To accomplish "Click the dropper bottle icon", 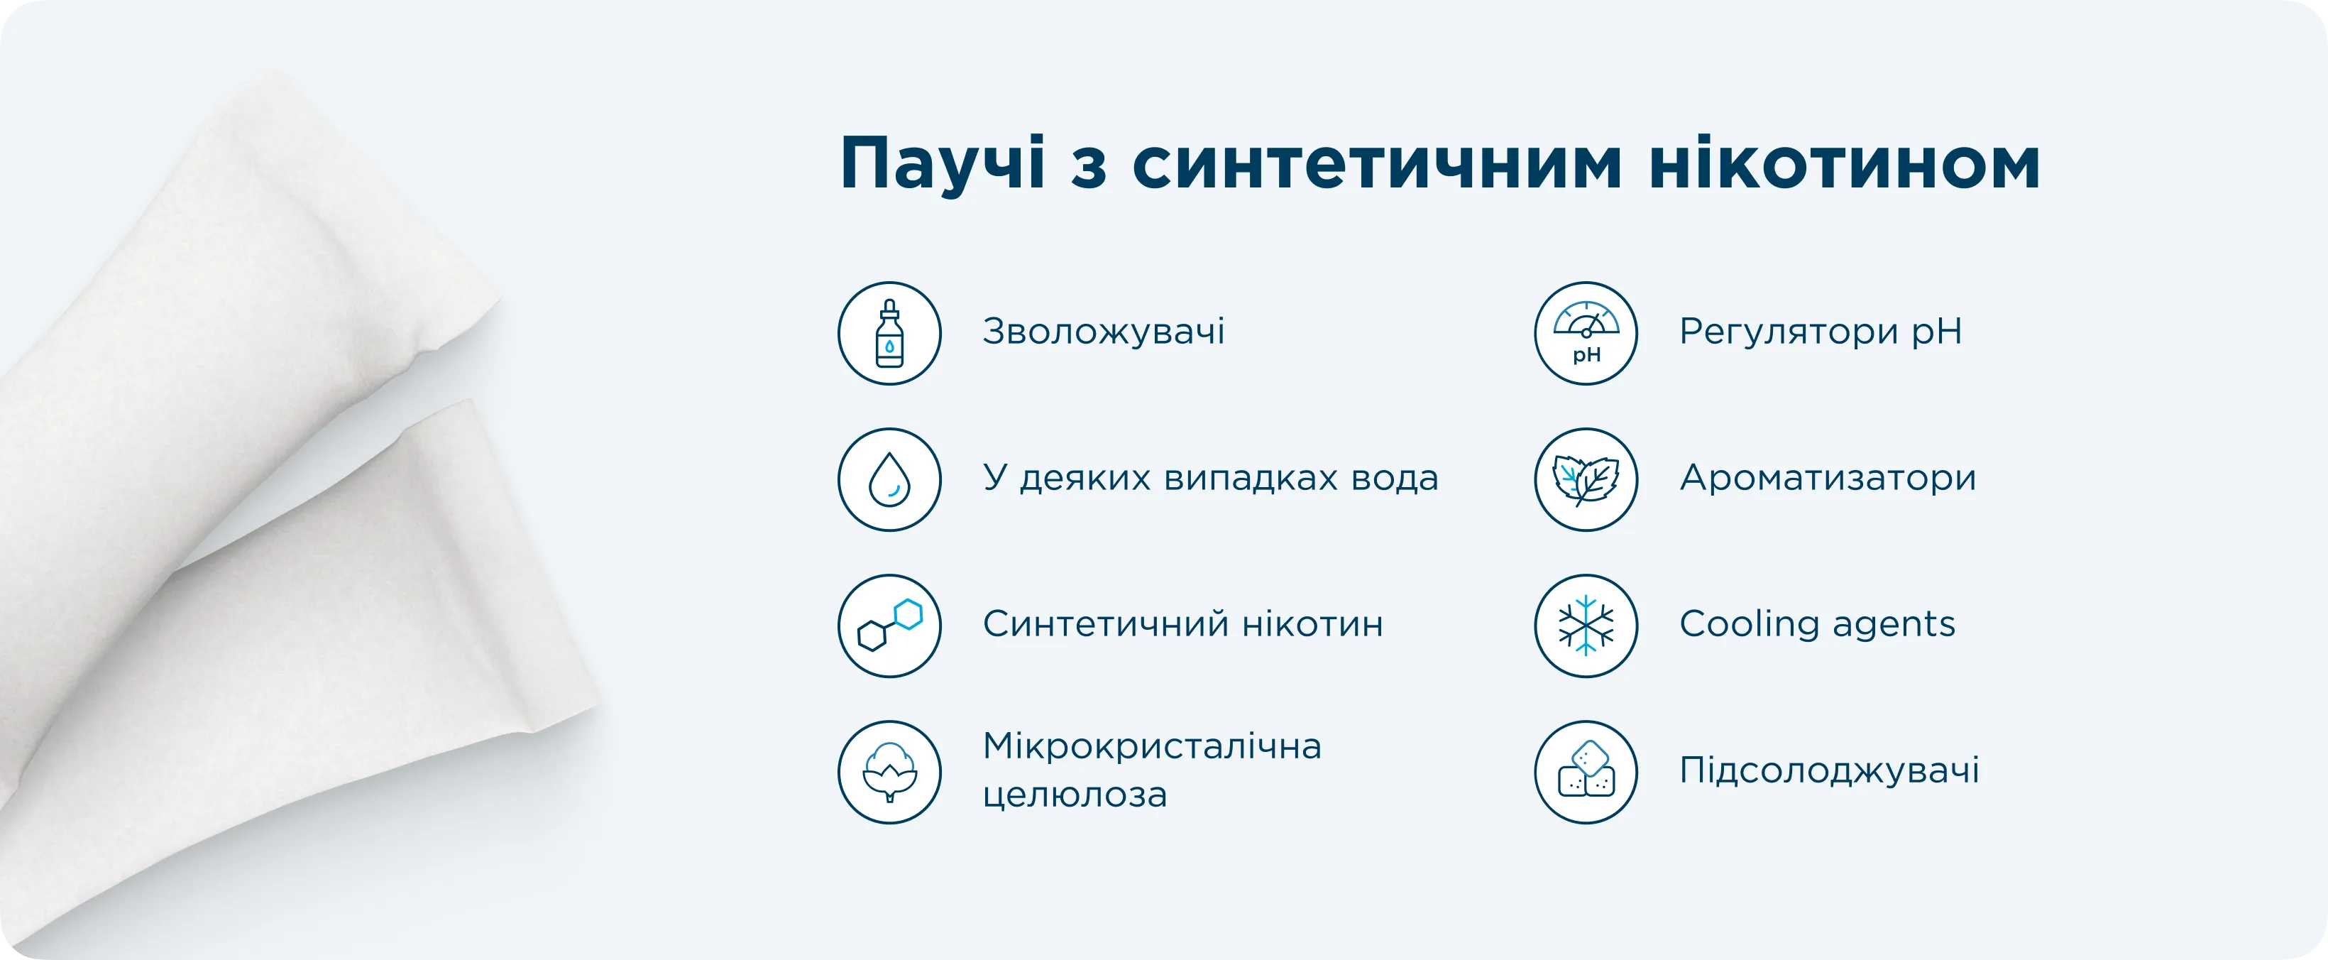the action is (889, 334).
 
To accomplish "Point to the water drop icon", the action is (889, 480).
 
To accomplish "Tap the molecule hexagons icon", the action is (889, 626).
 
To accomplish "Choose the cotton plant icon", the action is (889, 772).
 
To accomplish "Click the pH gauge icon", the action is (1586, 334).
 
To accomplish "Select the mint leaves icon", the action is (1586, 480).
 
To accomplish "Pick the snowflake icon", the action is (1586, 626).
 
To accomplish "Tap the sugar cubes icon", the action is (1586, 772).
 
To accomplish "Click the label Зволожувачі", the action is (1104, 331).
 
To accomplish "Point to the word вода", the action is (1395, 478).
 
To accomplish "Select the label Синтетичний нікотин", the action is (1183, 623).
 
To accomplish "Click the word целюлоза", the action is (1075, 795).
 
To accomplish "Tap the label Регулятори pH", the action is (1821, 332).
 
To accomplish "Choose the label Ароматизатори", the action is (1828, 478).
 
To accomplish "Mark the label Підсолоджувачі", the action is (1830, 771).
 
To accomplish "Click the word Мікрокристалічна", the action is (1152, 748).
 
